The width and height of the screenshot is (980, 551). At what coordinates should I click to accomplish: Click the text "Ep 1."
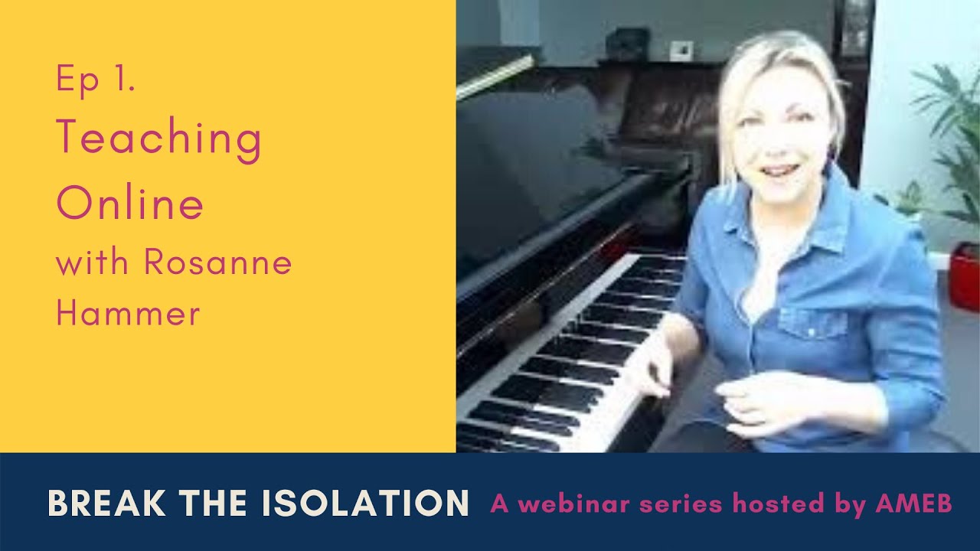pyautogui.click(x=96, y=80)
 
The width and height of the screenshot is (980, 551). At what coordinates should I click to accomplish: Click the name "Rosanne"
pyautogui.click(x=218, y=263)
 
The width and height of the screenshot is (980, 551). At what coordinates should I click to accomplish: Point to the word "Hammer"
pyautogui.click(x=128, y=314)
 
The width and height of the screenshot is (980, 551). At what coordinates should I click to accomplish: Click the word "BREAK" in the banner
pyautogui.click(x=104, y=503)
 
